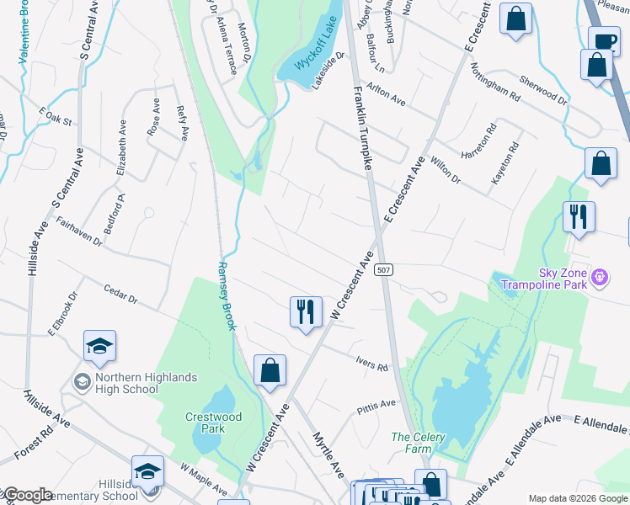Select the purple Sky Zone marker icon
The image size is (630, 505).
click(x=600, y=276)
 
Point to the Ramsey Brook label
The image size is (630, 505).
click(x=227, y=295)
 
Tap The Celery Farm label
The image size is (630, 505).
click(x=418, y=443)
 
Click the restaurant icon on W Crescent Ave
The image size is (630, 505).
click(x=305, y=311)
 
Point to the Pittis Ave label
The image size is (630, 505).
click(x=376, y=405)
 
